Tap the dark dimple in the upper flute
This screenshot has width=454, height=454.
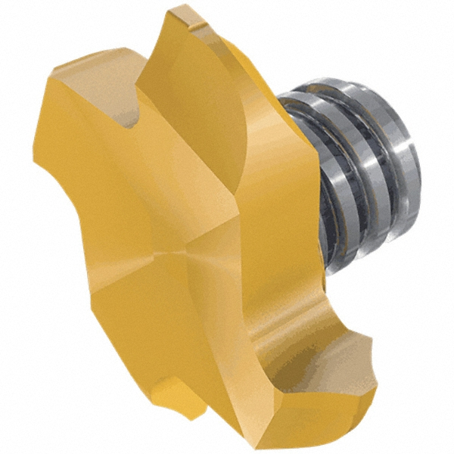[x=134, y=117]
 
